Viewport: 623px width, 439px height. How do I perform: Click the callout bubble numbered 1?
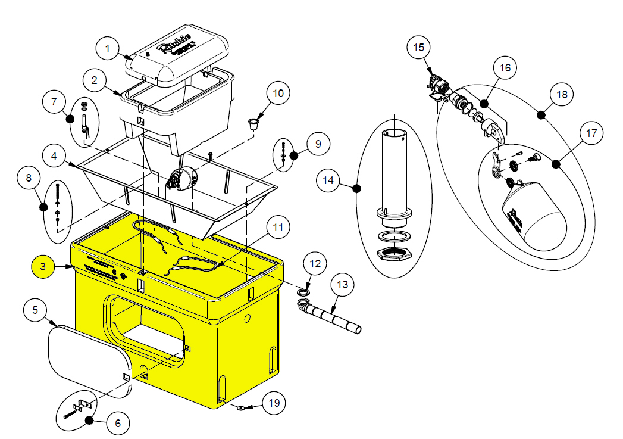coord(108,48)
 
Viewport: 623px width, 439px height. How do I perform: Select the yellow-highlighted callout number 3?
coord(43,266)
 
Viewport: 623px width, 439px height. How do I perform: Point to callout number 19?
coord(274,403)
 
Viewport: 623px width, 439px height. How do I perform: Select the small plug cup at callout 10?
coord(254,123)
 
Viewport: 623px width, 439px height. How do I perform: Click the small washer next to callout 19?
coord(240,408)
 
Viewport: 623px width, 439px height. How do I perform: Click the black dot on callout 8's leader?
coord(43,207)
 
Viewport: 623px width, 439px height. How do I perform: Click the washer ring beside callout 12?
coord(303,292)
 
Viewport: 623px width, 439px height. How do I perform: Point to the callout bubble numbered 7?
coord(54,101)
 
